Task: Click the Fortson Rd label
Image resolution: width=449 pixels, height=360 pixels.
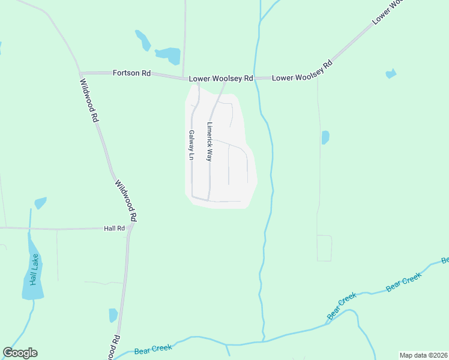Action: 131,73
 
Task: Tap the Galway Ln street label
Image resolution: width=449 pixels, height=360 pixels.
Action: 191,145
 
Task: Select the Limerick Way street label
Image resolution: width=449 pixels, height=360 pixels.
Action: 209,142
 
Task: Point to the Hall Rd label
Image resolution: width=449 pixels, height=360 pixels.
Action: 113,229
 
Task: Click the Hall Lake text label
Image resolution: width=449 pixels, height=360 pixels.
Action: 34,269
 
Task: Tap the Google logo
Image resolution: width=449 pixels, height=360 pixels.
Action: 20,353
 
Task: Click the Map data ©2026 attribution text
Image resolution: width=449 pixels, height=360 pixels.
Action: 424,355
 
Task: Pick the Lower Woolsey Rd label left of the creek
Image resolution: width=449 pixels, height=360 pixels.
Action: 221,79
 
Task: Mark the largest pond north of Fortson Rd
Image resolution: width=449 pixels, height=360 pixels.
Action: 169,55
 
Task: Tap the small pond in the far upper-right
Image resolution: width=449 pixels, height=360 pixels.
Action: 391,74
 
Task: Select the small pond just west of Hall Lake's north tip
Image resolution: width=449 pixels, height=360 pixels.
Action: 40,203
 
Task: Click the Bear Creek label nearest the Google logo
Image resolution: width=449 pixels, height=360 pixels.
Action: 153,348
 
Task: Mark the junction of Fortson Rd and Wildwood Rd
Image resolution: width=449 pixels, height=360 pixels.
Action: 80,73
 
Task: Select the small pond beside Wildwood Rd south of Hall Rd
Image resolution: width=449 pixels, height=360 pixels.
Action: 113,315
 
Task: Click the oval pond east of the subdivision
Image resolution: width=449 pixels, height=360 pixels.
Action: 325,137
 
